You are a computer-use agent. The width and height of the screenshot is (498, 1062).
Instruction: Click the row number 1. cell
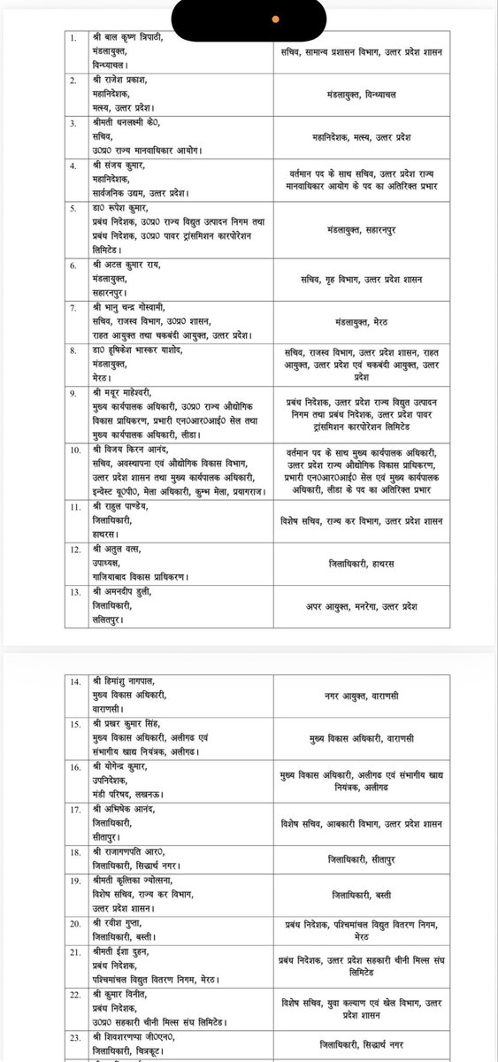click(74, 40)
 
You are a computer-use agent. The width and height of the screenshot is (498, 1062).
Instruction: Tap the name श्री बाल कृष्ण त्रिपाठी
click(135, 40)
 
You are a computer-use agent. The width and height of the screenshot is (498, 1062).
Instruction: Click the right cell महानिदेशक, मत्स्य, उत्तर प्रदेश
click(383, 137)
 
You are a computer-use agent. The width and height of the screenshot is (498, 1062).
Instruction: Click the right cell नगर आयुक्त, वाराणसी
click(383, 696)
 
